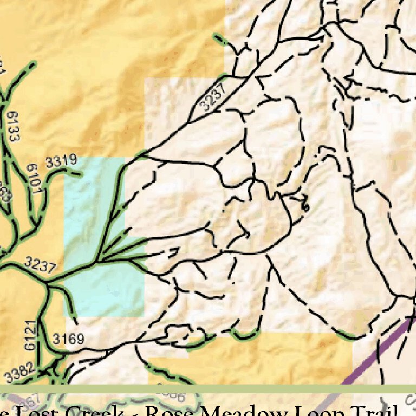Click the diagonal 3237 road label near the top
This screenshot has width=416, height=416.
pyautogui.click(x=212, y=99)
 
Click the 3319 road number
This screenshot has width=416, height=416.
pyautogui.click(x=61, y=161)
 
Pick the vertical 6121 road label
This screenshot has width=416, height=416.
pyautogui.click(x=30, y=335)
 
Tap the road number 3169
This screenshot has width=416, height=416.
pyautogui.click(x=69, y=339)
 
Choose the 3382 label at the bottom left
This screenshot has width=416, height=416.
pyautogui.click(x=19, y=373)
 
